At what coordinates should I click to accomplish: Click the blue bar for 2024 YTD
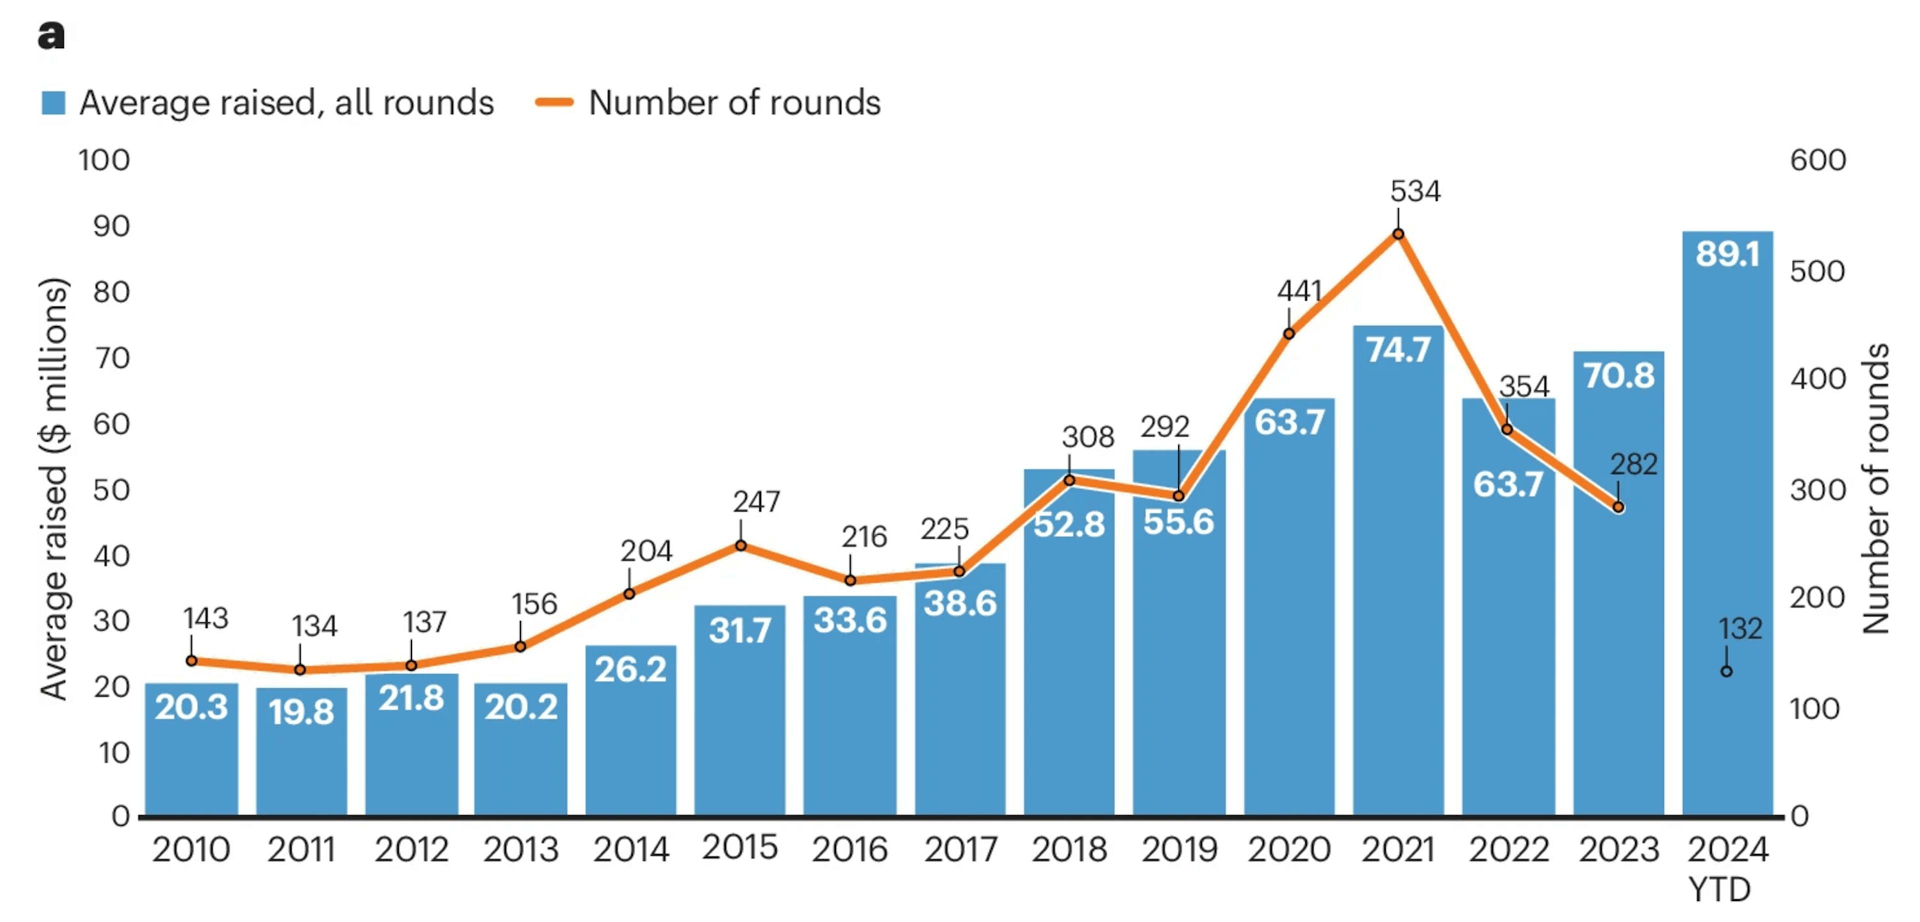(1727, 521)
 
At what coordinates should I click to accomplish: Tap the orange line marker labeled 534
(1398, 234)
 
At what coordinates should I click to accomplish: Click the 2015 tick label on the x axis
(739, 847)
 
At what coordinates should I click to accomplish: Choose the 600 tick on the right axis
(1818, 160)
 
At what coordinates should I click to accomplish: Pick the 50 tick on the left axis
(111, 490)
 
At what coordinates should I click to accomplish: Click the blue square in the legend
(53, 103)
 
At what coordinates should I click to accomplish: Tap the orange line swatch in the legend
(554, 103)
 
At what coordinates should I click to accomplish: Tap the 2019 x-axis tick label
(1178, 849)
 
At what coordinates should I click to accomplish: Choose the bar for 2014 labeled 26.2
(630, 730)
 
